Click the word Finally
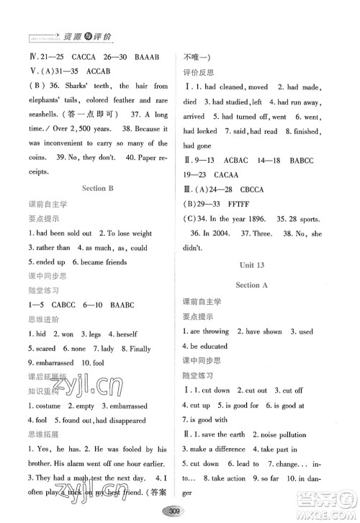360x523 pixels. coord(140,349)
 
